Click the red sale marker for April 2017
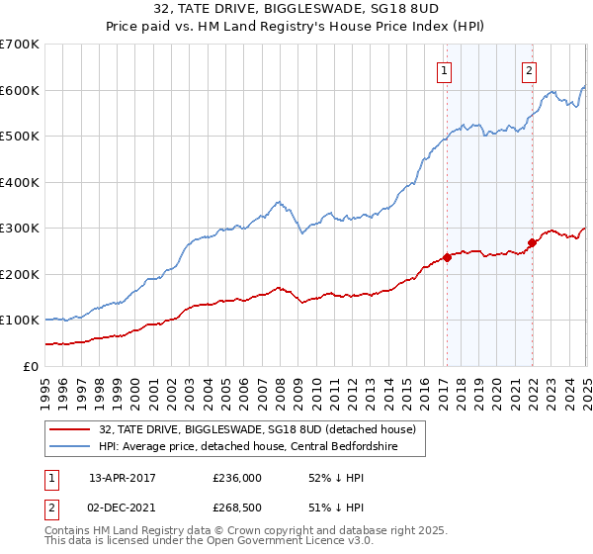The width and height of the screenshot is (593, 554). (447, 257)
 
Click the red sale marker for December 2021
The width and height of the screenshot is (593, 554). (532, 242)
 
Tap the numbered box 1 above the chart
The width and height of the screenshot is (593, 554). (445, 70)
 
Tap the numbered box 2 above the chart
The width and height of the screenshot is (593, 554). (530, 70)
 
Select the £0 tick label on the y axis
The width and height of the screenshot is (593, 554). (32, 366)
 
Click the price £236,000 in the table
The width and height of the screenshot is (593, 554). (236, 477)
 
